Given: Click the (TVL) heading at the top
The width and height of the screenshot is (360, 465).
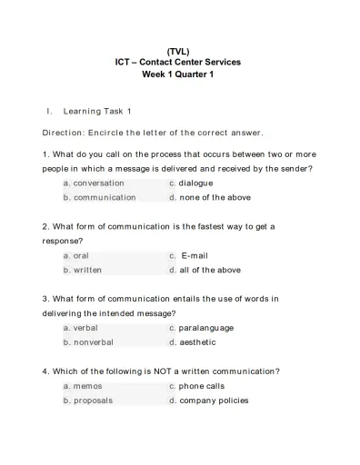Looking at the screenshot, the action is (178, 51).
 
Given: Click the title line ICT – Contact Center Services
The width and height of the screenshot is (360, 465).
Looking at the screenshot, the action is (178, 63).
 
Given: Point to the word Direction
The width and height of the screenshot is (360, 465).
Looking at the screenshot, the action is (64, 132).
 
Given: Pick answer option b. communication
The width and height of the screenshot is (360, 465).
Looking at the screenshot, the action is (99, 197).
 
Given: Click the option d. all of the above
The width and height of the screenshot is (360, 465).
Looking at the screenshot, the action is (205, 270).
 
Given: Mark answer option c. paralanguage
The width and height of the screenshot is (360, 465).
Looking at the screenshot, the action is (201, 328).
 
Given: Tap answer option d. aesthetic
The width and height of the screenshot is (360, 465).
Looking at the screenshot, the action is (192, 342).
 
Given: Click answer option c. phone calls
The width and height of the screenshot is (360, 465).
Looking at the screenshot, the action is (196, 386).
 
